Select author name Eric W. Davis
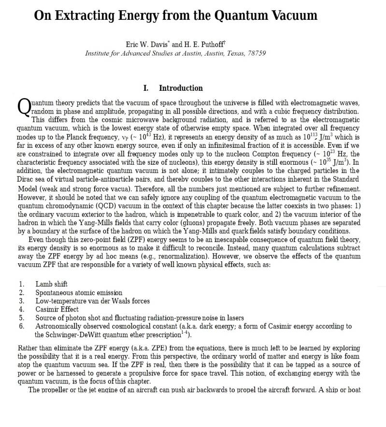[x=143, y=44]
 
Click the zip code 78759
[x=257, y=53]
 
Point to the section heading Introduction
[x=181, y=88]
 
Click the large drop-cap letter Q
[x=24, y=107]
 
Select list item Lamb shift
[x=51, y=284]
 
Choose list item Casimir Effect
[x=57, y=309]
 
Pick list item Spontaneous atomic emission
[x=78, y=292]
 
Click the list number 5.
[x=22, y=318]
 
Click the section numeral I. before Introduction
[x=146, y=88]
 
